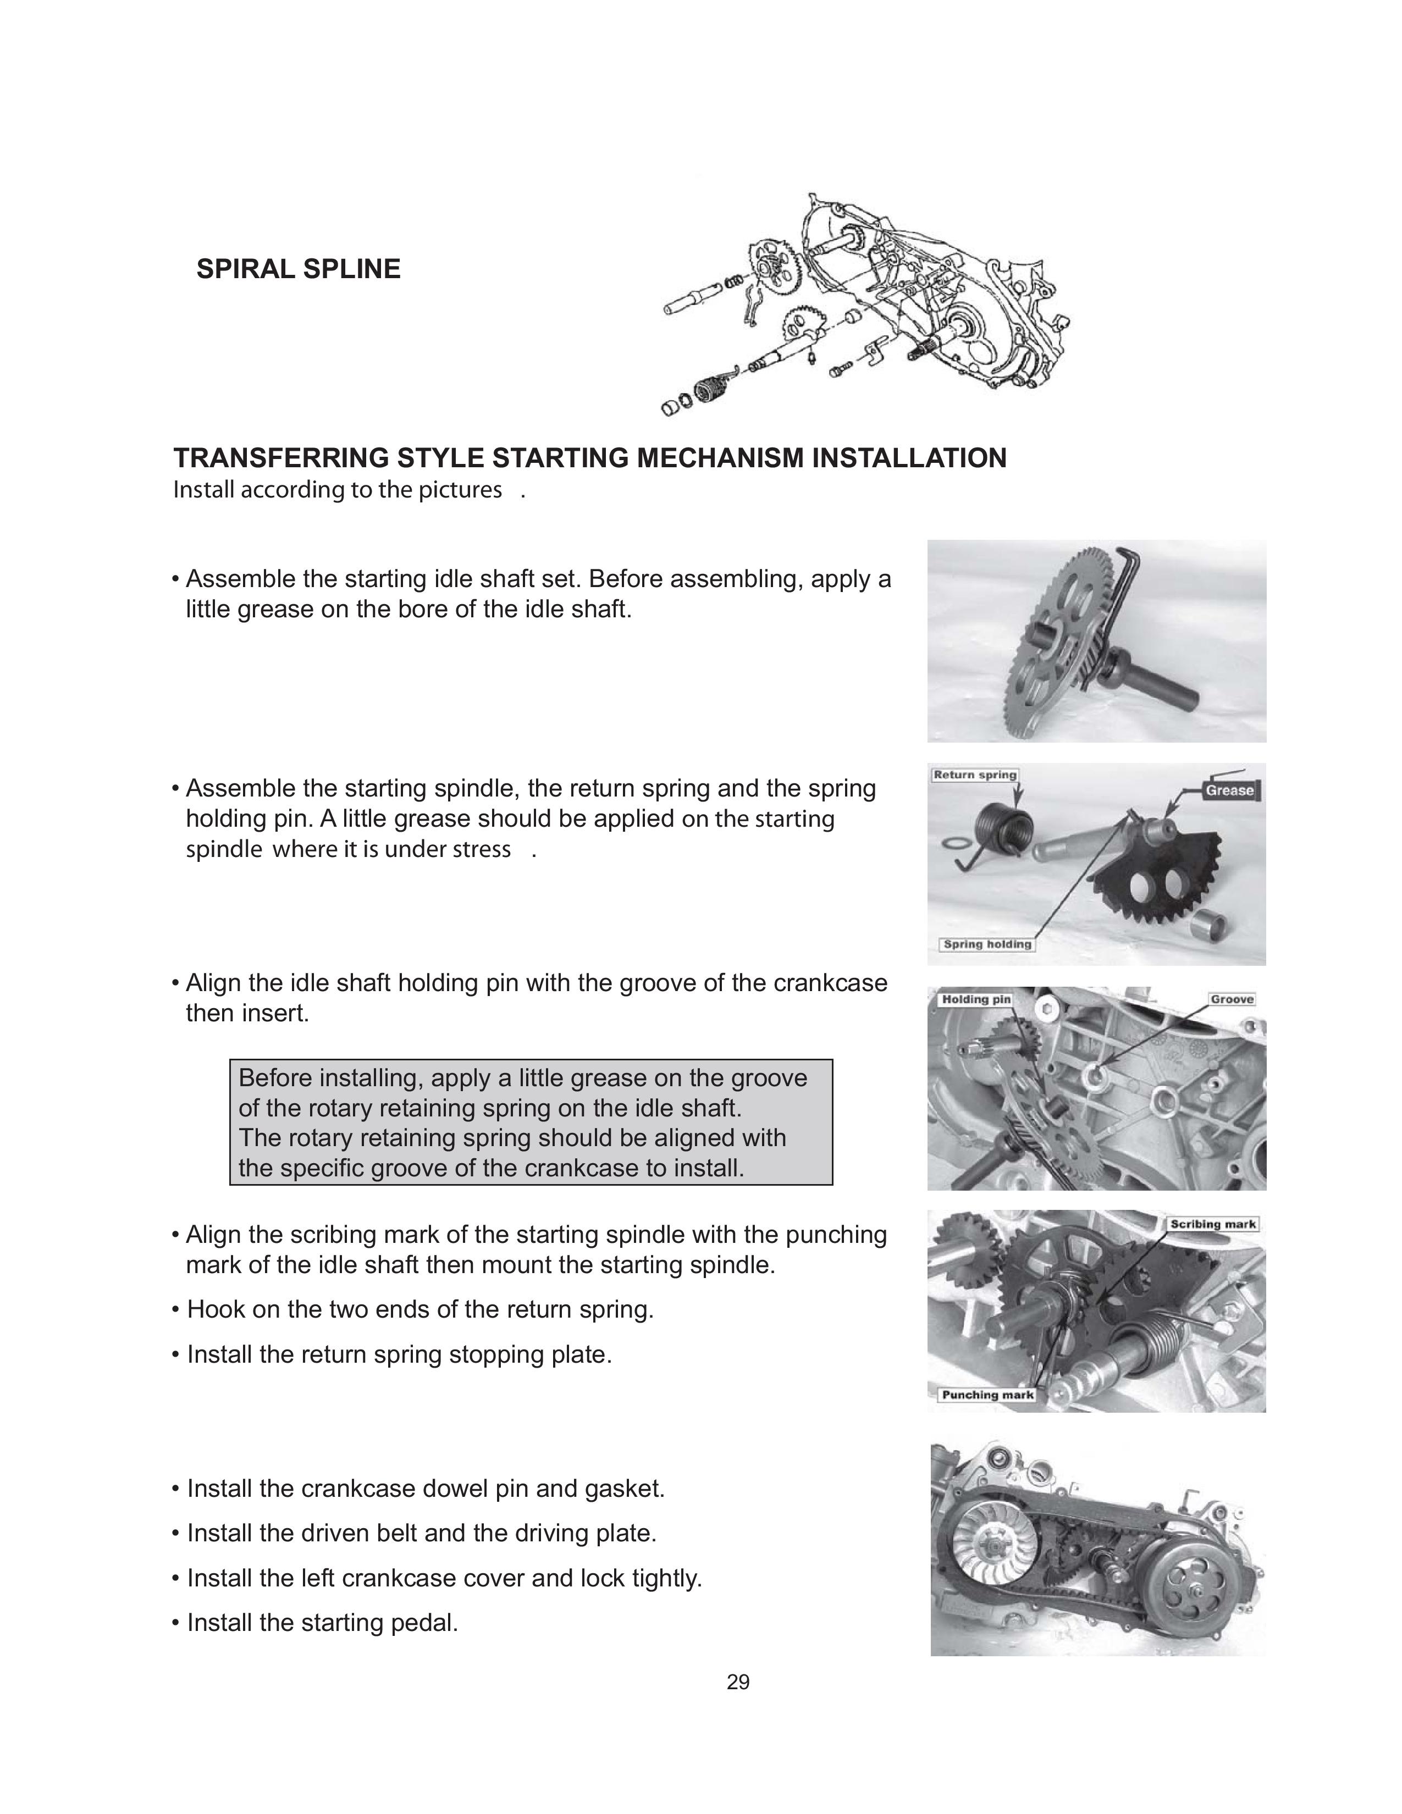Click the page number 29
click(737, 1682)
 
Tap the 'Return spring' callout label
click(975, 775)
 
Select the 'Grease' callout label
click(1229, 790)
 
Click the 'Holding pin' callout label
click(975, 999)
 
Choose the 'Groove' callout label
click(1232, 999)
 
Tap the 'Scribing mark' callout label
click(1213, 1224)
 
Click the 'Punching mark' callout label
click(987, 1395)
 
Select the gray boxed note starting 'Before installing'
click(531, 1122)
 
